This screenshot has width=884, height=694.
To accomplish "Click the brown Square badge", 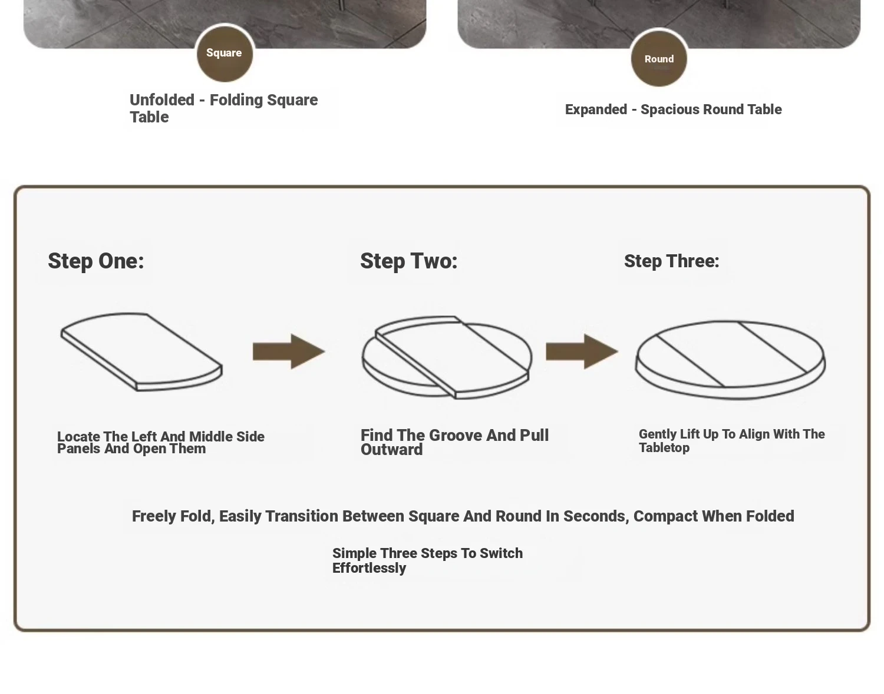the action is point(225,54).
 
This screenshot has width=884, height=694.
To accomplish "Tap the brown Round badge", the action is point(659,58).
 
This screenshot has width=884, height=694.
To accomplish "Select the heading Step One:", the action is point(96,261).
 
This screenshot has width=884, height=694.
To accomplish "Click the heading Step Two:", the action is point(409,261).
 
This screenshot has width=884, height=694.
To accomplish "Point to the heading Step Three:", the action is point(672,261).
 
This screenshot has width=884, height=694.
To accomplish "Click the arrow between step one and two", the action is point(289,351).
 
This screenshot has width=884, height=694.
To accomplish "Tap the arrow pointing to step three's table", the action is point(582,351).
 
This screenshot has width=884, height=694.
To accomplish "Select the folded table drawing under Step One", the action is point(141,352).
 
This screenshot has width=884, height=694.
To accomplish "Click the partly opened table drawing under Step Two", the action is point(447,357).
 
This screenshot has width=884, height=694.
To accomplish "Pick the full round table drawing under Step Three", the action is point(730,361).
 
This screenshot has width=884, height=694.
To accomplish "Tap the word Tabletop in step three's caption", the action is point(664,448).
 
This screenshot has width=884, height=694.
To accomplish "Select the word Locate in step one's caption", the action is point(78,436).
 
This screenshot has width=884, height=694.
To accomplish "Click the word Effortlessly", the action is point(369,568).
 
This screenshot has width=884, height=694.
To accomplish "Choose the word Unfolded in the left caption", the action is point(162,100).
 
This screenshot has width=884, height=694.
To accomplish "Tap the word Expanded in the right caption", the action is point(596,109).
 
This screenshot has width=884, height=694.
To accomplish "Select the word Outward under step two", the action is point(391,450).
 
